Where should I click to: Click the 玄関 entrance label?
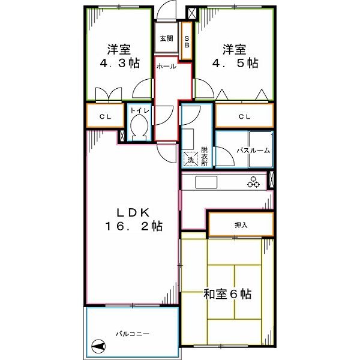[x=166, y=38]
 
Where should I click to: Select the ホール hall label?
[x=166, y=66]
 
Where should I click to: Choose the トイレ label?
[x=140, y=111]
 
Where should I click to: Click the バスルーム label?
[x=253, y=151]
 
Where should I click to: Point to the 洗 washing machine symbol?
[x=190, y=160]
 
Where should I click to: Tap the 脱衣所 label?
[x=205, y=156]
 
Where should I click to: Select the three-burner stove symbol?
[x=253, y=182]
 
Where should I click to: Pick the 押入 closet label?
[x=241, y=225]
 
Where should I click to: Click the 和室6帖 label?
[x=227, y=294]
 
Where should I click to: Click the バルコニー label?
[x=132, y=333]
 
